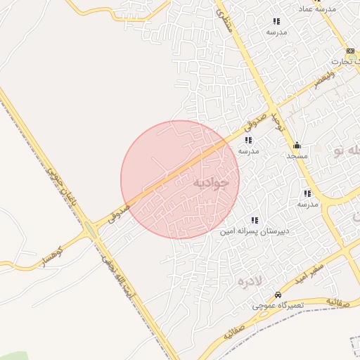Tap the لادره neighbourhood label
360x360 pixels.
[250, 282]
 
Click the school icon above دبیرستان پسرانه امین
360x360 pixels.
[254, 220]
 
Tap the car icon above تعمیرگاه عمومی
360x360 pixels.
[278, 295]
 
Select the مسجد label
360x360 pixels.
[297, 155]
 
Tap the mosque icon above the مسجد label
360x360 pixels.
[297, 146]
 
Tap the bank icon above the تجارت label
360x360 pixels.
[350, 51]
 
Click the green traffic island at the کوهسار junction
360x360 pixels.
[90, 230]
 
